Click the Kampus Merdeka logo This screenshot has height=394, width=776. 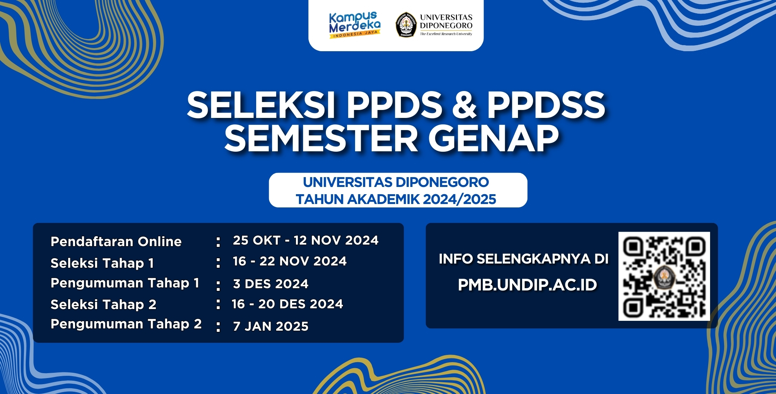pos(355,25)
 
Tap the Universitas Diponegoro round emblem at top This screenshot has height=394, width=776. pos(406,25)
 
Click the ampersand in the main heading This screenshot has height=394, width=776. pos(464,105)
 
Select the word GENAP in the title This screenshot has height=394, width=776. pos(494,138)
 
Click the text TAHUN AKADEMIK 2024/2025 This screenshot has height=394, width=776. pos(396,199)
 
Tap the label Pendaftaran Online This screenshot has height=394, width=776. pos(116,242)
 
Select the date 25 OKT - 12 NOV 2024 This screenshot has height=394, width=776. pos(306,240)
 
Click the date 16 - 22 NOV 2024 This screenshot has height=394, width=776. pos(290,261)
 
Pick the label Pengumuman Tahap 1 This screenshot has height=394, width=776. pos(125,283)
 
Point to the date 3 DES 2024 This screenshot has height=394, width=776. pos(271,284)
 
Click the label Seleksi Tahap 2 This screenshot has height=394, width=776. pos(103,304)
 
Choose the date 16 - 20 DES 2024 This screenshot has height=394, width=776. pos(288,304)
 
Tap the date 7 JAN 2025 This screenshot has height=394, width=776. pos(271,326)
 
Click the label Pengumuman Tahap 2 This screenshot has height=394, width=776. pos(126,324)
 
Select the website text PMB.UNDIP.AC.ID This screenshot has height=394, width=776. pos(527,285)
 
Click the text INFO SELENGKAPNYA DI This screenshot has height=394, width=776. pos(524,259)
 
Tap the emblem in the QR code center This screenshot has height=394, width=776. pos(664,276)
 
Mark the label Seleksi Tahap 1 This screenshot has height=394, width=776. pos(102,263)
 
